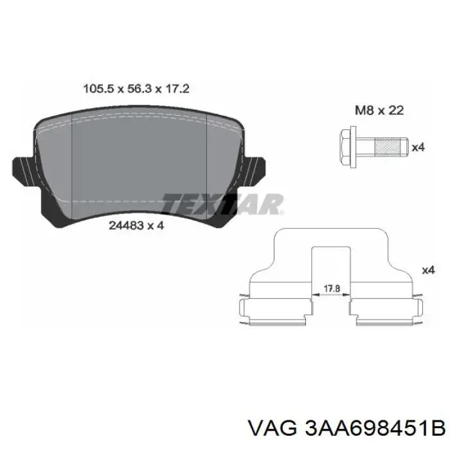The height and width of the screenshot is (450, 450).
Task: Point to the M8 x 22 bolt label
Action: (379, 111)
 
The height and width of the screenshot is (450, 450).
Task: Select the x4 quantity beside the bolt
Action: (419, 148)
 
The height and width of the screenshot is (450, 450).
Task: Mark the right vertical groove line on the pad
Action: (205, 167)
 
